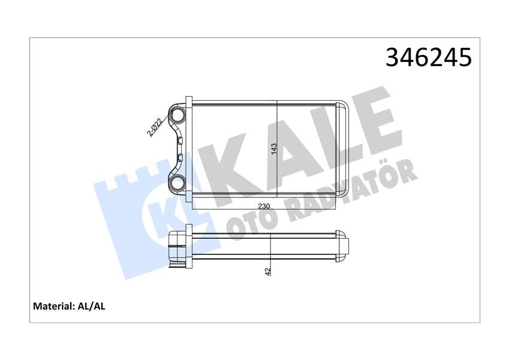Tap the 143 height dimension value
click(x=274, y=149)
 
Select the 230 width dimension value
click(x=263, y=206)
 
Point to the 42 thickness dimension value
click(x=268, y=271)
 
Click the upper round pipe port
click(x=177, y=115)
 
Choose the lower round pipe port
click(x=177, y=184)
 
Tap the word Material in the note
click(x=53, y=306)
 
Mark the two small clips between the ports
click(x=180, y=149)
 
